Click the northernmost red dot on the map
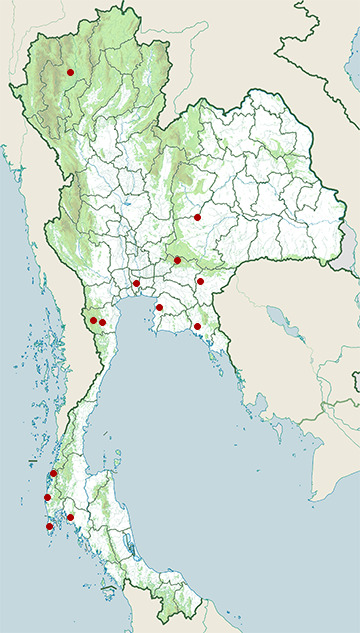70,72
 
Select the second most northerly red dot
198,217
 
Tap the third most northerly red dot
177,260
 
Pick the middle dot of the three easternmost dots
200,281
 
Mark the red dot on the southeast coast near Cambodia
198,326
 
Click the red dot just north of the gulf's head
136,284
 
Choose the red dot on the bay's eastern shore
159,307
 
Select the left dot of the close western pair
93,321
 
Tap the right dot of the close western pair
102,322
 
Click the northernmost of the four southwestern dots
53,473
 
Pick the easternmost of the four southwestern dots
70,517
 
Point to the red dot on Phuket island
49,526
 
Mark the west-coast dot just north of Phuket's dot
47,497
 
